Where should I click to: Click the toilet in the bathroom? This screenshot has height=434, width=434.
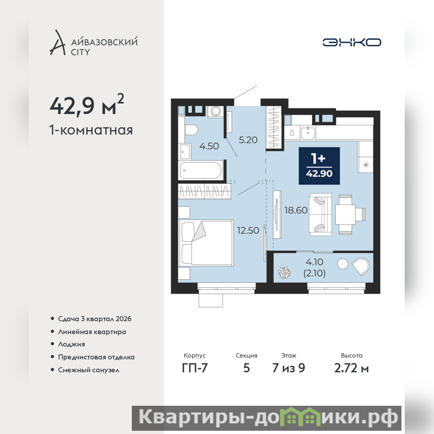click(x=191, y=130)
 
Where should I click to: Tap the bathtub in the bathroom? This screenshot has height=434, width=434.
click(x=201, y=170)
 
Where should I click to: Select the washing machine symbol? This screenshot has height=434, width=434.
click(x=215, y=112)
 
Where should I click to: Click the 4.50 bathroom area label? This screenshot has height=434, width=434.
click(x=209, y=146)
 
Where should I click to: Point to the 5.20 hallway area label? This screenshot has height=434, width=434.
click(x=248, y=140)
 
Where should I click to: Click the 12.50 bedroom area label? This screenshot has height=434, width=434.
click(x=248, y=230)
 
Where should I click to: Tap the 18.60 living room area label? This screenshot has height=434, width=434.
click(x=296, y=210)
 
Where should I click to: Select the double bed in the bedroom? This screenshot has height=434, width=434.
click(x=206, y=243)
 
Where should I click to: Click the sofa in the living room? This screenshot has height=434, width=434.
click(x=321, y=215)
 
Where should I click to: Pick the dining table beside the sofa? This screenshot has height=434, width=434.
click(x=345, y=214)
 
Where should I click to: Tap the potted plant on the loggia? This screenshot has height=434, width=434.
click(x=284, y=272)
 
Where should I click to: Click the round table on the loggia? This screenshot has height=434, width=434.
click(x=343, y=264)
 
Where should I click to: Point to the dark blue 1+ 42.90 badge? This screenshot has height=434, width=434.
click(x=319, y=165)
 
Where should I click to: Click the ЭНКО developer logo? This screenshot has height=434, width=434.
click(x=352, y=42)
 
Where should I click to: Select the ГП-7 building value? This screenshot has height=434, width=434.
click(x=195, y=368)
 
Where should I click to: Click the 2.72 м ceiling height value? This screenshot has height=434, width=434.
click(x=351, y=368)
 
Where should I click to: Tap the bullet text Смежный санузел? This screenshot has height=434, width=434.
click(x=88, y=370)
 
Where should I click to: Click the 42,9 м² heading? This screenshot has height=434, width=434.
click(x=87, y=105)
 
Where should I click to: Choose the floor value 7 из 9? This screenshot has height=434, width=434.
click(x=289, y=368)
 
